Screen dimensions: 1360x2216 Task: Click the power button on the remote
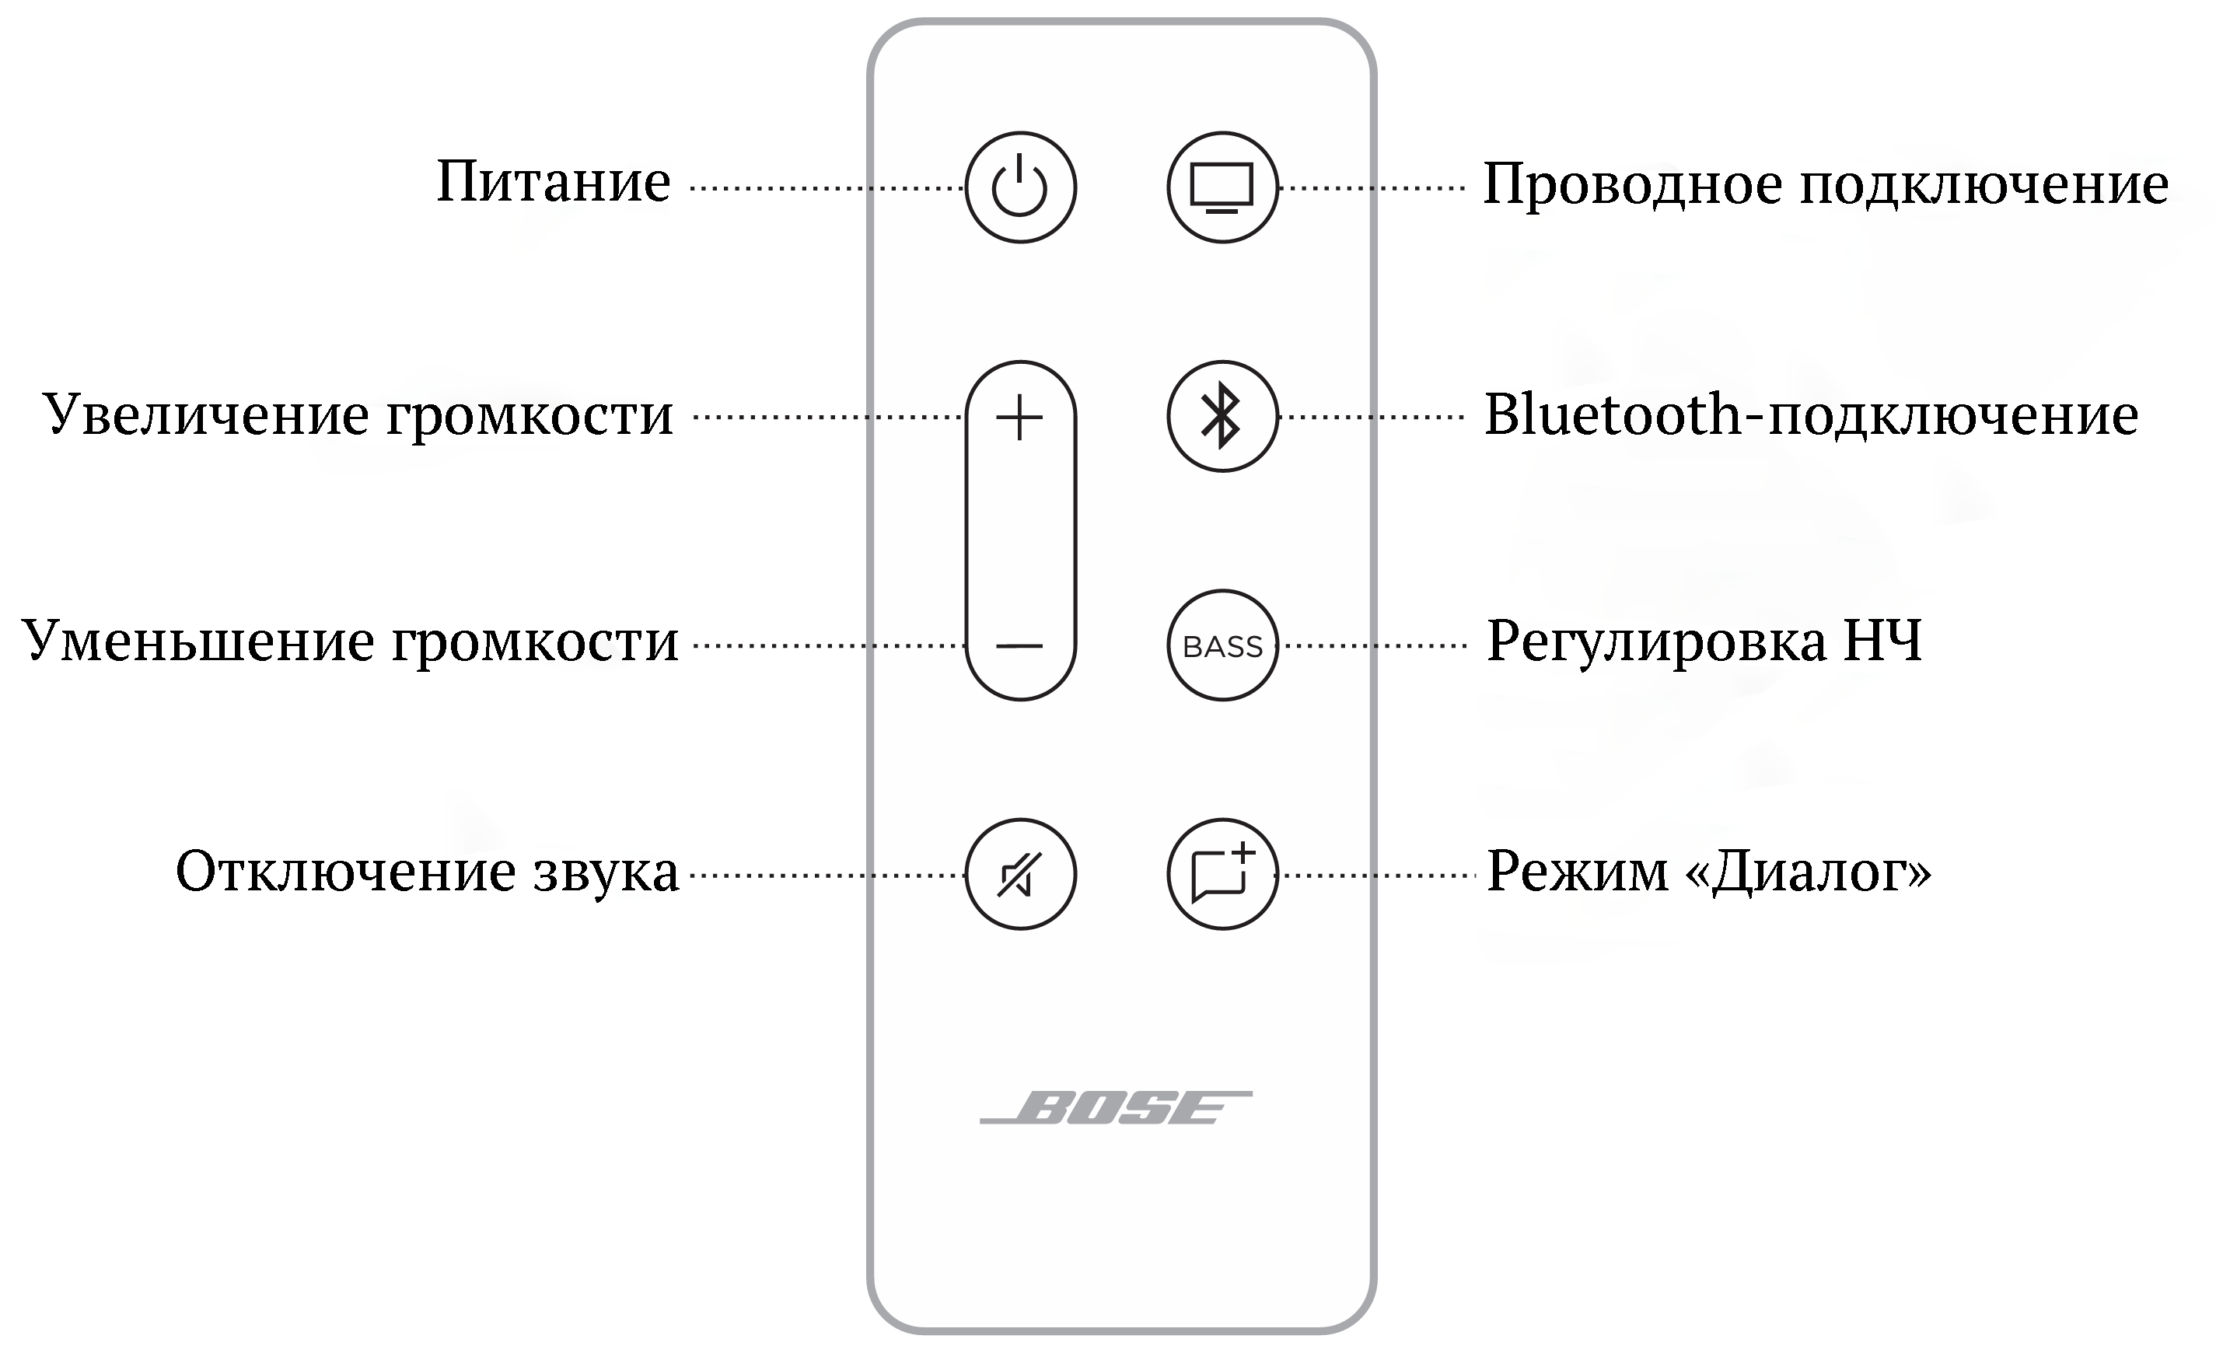click(x=1020, y=187)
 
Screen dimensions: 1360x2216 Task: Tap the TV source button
click(x=1222, y=187)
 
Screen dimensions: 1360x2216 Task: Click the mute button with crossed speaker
click(x=1020, y=874)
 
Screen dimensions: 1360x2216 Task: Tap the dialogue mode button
click(x=1222, y=874)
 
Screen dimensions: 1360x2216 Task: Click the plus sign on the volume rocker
click(x=1020, y=418)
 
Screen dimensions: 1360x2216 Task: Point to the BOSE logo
click(x=1115, y=1108)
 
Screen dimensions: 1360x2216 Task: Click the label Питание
click(x=553, y=183)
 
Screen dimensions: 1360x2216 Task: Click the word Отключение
click(x=345, y=872)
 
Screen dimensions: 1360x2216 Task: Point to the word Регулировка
click(x=1655, y=642)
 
